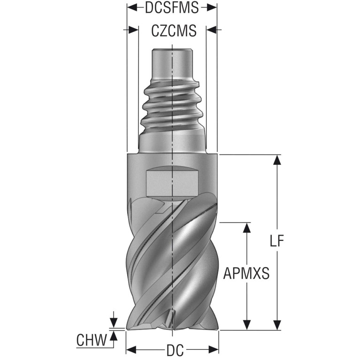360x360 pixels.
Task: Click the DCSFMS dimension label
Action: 172,7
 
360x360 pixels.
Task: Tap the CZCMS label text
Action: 174,31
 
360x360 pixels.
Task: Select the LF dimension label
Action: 277,241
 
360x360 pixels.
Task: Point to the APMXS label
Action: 246,273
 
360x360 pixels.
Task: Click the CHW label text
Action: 92,340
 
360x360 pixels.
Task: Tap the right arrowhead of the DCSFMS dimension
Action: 212,8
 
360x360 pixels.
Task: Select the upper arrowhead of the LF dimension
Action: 277,160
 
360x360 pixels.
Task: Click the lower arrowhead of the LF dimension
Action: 277,325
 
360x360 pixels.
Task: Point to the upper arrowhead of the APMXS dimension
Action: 247,228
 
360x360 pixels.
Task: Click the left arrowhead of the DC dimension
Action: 131,350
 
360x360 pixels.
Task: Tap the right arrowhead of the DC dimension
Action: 214,350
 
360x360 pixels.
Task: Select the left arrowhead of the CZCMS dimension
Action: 133,30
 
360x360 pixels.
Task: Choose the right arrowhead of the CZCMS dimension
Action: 211,30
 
